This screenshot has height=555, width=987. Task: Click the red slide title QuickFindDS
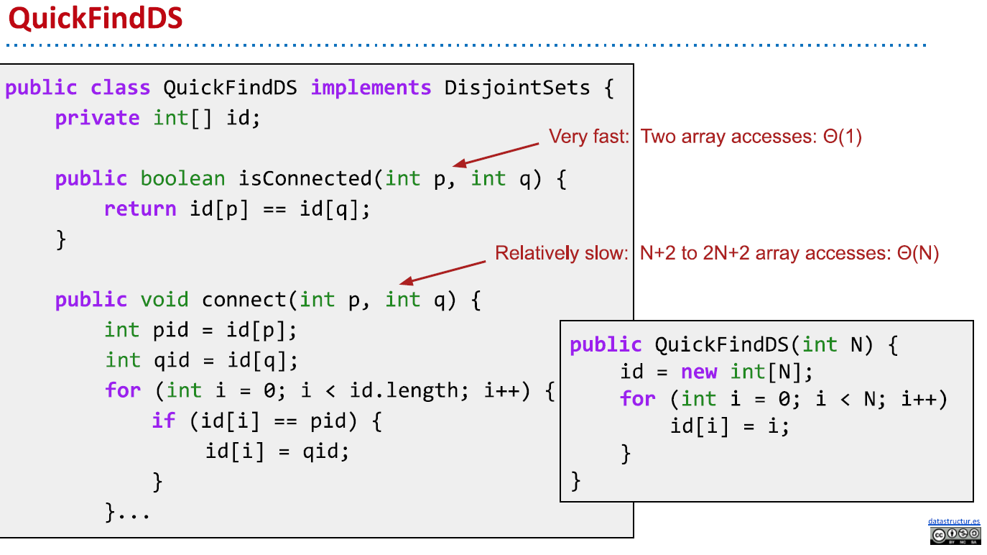click(x=96, y=19)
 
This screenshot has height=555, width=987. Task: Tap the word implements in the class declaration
click(x=371, y=88)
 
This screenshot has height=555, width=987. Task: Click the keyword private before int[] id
click(x=97, y=118)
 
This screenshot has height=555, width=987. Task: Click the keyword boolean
click(x=182, y=178)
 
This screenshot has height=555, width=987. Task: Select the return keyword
click(x=140, y=209)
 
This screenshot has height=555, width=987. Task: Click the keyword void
click(x=164, y=300)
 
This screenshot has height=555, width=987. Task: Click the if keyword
click(x=164, y=421)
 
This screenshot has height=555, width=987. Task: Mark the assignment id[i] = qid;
click(x=277, y=451)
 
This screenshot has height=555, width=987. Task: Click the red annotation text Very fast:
click(x=588, y=137)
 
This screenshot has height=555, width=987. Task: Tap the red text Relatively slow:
click(x=562, y=253)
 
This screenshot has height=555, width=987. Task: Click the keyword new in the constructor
click(x=699, y=372)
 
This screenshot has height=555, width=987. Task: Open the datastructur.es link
click(x=954, y=521)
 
